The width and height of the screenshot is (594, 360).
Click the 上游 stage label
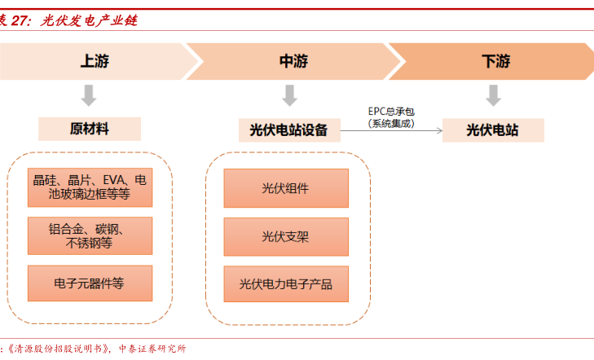tap(95, 61)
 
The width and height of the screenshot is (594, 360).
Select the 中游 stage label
tap(293, 61)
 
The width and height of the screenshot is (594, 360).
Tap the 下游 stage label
tap(496, 61)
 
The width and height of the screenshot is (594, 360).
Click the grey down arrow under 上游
tap(89, 95)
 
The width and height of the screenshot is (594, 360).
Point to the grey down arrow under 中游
tap(290, 95)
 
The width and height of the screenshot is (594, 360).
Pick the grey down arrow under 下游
tap(493, 95)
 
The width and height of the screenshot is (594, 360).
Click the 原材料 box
tap(90, 129)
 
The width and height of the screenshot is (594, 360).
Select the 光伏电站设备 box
tap(289, 130)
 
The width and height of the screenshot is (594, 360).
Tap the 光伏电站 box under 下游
tap(493, 130)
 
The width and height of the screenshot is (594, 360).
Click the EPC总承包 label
tap(391, 112)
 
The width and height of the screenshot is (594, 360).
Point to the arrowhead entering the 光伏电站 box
tap(440, 130)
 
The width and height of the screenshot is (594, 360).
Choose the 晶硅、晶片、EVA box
tap(90, 187)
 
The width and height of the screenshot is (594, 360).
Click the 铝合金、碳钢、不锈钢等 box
tap(90, 236)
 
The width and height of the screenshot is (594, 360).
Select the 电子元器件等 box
tap(90, 283)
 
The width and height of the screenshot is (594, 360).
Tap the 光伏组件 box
tap(286, 188)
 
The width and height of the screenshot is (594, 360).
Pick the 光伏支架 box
tap(286, 236)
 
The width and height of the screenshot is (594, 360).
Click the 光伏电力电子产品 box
tap(286, 284)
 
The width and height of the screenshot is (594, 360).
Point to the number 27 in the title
tap(20, 20)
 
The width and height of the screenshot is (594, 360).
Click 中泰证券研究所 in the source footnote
tap(152, 349)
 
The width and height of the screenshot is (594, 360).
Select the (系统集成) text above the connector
tap(391, 124)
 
